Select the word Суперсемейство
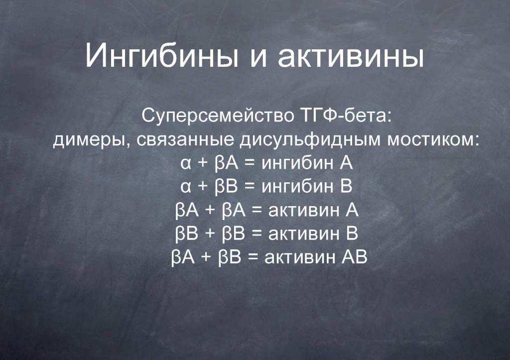tap(218, 116)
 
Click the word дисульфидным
tap(310, 140)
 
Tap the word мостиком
tap(433, 140)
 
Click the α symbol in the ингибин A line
tap(186, 164)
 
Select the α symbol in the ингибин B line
tap(186, 187)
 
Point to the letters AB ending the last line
tap(355, 257)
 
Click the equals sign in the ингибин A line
tap(250, 164)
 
